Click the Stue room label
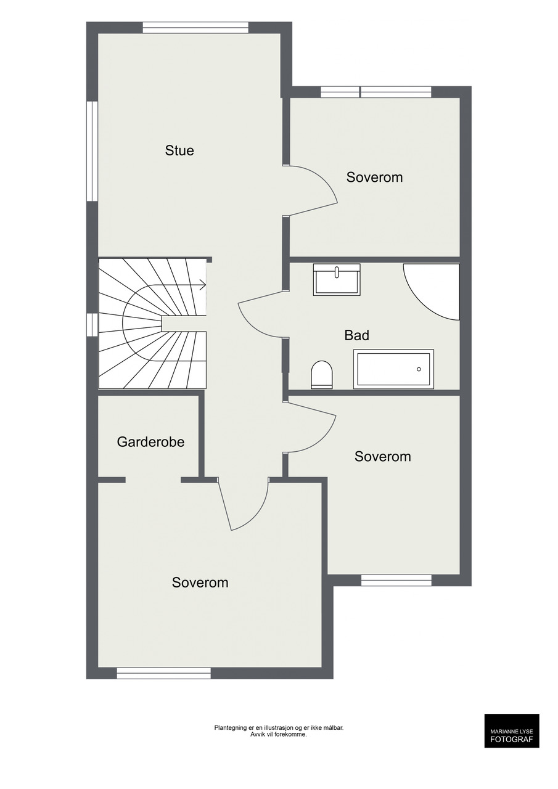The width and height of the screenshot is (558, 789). pos(179,150)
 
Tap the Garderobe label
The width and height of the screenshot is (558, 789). pos(150,442)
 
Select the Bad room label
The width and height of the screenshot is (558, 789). pos(357,335)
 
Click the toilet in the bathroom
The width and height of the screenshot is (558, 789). pos(322,374)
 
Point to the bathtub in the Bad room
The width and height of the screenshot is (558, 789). pos(393,369)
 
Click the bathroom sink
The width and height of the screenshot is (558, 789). pos(337,280)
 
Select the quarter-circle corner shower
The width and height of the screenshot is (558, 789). pos(432,292)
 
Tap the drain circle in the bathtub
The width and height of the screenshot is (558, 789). pos(419,369)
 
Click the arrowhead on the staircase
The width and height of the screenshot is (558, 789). pos(203,285)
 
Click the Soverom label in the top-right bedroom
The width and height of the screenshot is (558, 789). pos(374,177)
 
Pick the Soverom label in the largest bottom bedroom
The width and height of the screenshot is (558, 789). pos(200,583)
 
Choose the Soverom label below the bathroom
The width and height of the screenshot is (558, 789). pos(382,457)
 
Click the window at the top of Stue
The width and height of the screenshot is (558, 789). pos(195,28)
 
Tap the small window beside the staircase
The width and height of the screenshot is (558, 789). pos(92,324)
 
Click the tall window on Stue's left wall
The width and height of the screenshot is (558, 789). pos(92,152)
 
